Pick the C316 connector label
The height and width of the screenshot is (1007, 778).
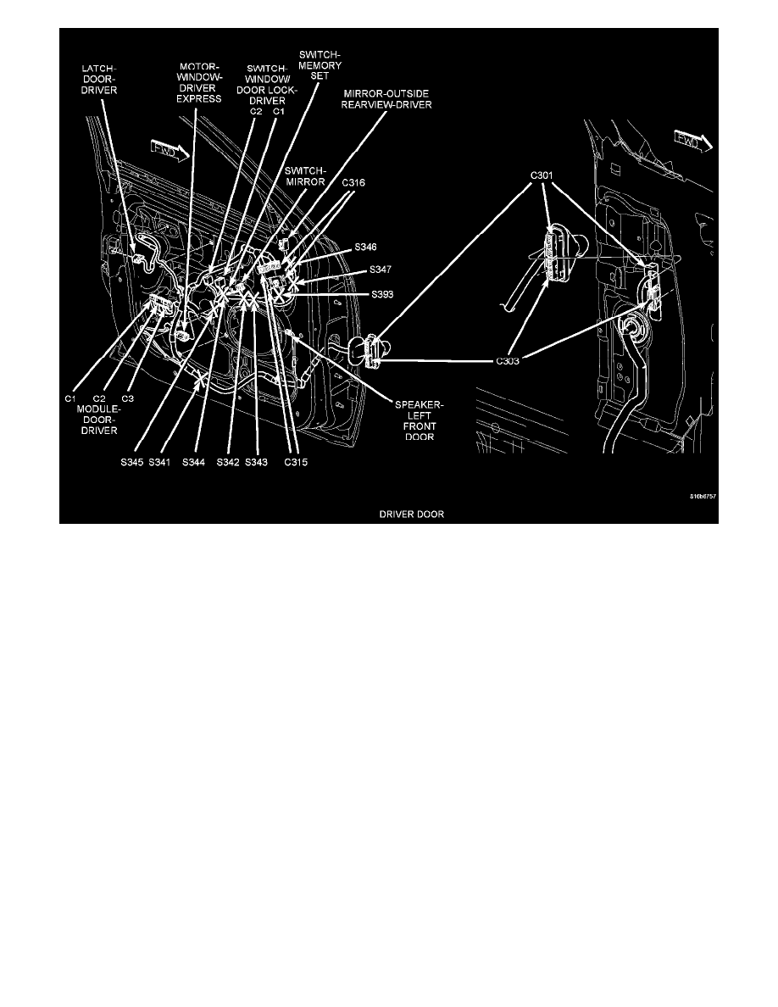[x=353, y=181]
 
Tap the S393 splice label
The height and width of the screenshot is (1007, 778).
[x=384, y=294]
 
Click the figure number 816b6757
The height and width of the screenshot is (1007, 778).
[x=703, y=497]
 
